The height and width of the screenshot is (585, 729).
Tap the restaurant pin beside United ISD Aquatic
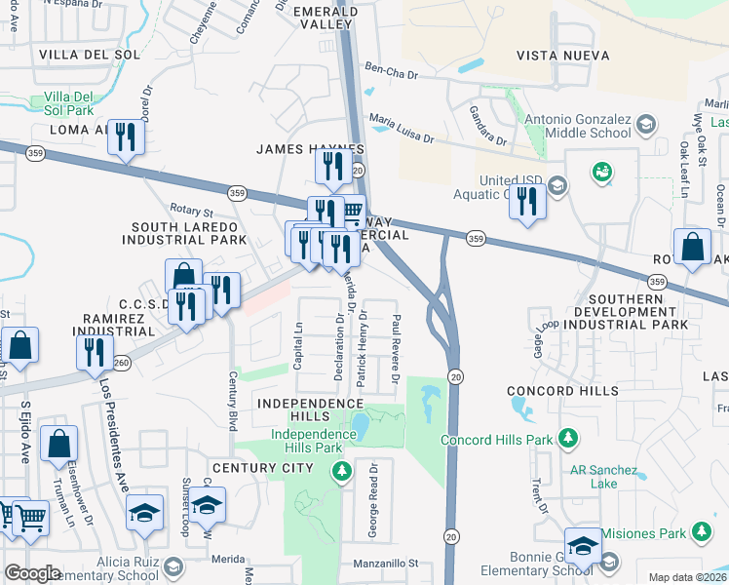pyautogui.click(x=527, y=202)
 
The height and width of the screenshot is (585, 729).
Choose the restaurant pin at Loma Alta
pyautogui.click(x=126, y=137)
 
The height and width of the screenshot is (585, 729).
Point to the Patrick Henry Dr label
pyautogui.click(x=362, y=349)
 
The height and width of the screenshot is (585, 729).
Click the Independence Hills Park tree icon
pyautogui.click(x=341, y=473)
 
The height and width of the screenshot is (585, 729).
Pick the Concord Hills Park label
pyautogui.click(x=497, y=440)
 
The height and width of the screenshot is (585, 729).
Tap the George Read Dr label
pyautogui.click(x=372, y=512)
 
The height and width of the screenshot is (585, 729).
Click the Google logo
pyautogui.click(x=32, y=572)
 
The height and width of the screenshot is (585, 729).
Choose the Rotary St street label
pyautogui.click(x=191, y=212)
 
